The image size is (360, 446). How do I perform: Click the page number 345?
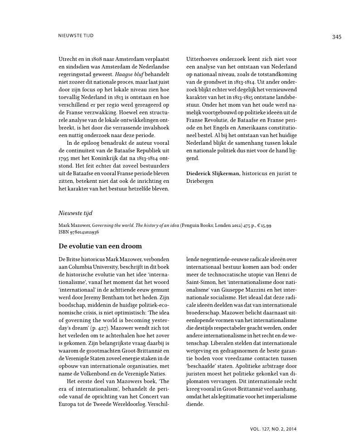(x=336, y=37)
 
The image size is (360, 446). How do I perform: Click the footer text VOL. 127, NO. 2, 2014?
(x=273, y=428)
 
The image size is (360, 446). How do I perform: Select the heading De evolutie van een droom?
(x=100, y=246)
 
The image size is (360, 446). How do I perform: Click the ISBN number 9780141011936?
(x=85, y=232)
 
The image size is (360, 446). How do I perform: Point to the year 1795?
(x=65, y=158)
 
